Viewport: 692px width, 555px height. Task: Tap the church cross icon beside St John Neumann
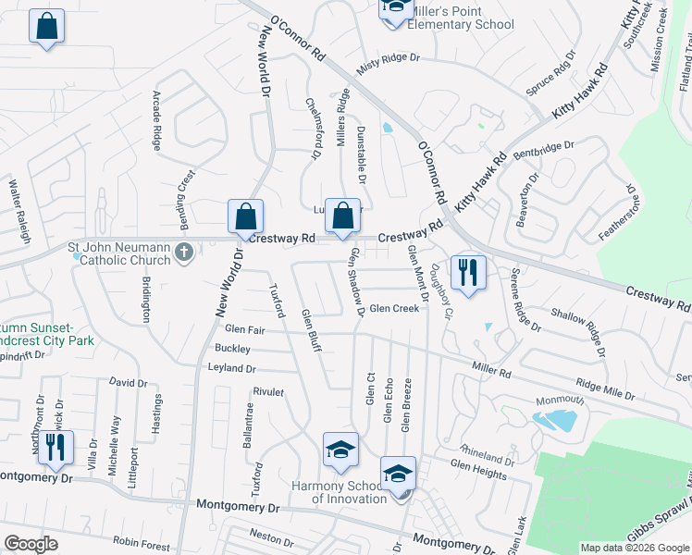[x=184, y=252]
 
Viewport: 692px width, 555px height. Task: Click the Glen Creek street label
[x=394, y=309]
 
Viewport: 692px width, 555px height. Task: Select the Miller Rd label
[x=491, y=369]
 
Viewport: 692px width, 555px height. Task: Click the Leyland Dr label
[x=231, y=368]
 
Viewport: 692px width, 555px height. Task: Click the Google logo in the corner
[x=31, y=544]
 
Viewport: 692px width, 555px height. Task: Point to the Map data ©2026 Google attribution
[x=635, y=548]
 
